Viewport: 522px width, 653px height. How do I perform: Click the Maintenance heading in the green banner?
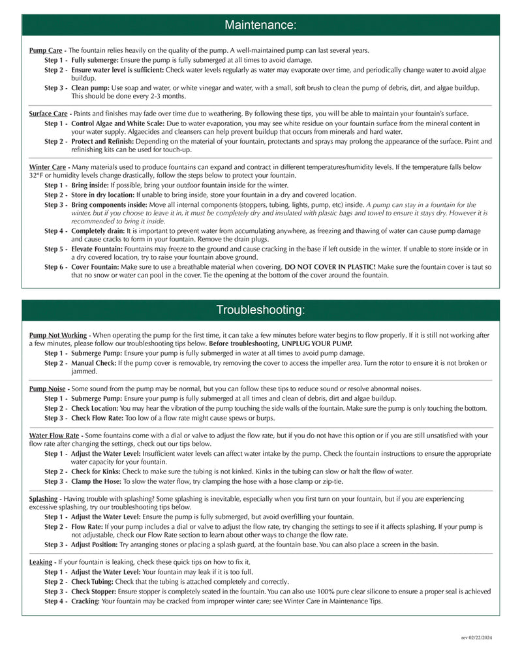(260, 25)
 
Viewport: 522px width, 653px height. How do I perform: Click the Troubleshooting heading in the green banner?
(260, 310)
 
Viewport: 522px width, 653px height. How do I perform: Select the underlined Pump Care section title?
(46, 50)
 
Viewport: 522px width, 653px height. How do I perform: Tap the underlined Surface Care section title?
(48, 114)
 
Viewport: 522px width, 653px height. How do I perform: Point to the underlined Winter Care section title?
(46, 167)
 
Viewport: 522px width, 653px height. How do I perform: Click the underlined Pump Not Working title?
(58, 335)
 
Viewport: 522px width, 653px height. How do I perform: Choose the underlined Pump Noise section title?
(47, 389)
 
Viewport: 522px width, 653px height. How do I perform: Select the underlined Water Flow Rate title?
(54, 435)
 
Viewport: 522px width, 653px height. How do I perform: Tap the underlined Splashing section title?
(44, 498)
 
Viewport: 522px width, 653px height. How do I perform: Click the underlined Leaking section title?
(41, 562)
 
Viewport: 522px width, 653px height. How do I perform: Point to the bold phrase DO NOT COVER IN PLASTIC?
(330, 267)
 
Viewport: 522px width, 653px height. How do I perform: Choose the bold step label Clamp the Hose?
(96, 481)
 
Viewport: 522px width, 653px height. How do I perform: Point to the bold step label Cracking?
(85, 601)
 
